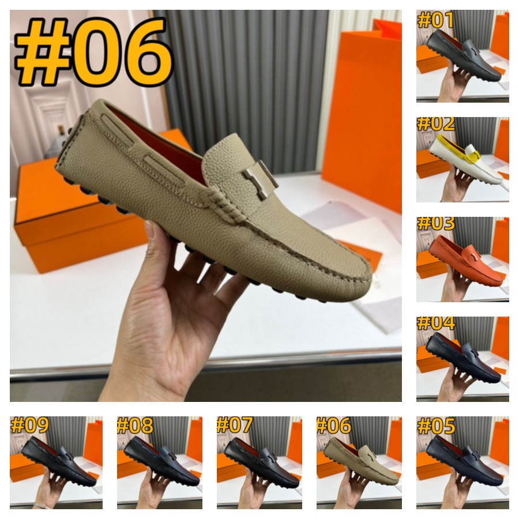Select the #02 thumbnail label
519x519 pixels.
435,123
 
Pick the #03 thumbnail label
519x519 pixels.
435,224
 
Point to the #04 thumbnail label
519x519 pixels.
435,323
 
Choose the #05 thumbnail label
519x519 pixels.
435,426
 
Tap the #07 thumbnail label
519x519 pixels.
235,426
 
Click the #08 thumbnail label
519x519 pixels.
135,426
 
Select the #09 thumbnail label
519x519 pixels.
29,426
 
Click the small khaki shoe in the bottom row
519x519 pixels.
361,465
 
